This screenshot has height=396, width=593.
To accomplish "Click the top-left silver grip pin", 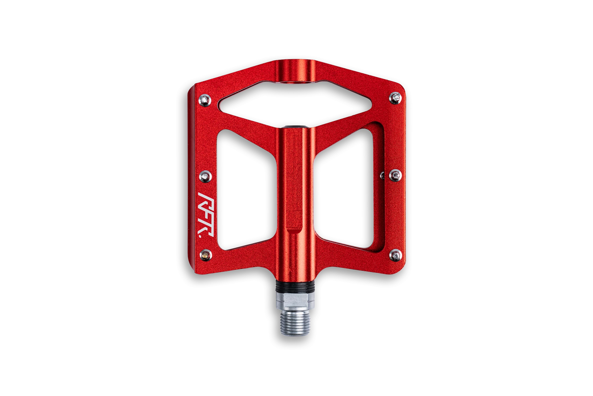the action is [205, 100].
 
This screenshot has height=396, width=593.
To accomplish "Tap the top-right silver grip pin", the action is [395, 98].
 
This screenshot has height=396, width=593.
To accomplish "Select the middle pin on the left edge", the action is [205, 177].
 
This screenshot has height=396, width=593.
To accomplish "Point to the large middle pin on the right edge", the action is [395, 176].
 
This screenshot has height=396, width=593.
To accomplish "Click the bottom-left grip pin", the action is [205, 255].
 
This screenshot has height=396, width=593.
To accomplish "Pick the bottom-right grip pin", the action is [395, 255].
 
